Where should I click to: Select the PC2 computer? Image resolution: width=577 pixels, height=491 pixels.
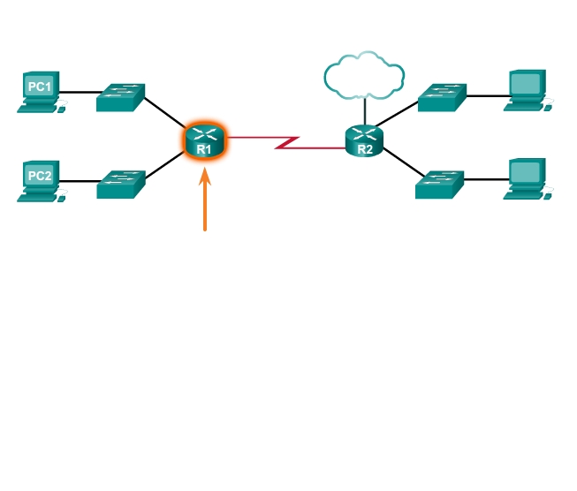[41, 182]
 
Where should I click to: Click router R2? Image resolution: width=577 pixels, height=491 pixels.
[363, 140]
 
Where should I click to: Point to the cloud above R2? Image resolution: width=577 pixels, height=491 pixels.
[364, 75]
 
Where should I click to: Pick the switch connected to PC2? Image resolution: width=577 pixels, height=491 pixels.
[120, 184]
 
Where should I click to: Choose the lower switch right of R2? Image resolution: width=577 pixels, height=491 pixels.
[441, 184]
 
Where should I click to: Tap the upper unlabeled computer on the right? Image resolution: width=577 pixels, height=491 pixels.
[528, 91]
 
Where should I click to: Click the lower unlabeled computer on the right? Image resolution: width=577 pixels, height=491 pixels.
[528, 178]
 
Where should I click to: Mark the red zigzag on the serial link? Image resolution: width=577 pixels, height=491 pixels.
[286, 142]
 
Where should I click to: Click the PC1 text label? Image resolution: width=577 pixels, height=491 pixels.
[40, 87]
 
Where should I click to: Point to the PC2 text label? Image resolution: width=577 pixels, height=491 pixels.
[40, 176]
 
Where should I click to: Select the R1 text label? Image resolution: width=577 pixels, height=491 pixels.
[205, 149]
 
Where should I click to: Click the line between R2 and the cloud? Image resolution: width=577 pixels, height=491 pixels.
[364, 112]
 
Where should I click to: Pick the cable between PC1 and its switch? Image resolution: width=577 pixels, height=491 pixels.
[79, 92]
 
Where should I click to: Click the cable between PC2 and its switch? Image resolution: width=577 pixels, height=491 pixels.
[79, 181]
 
